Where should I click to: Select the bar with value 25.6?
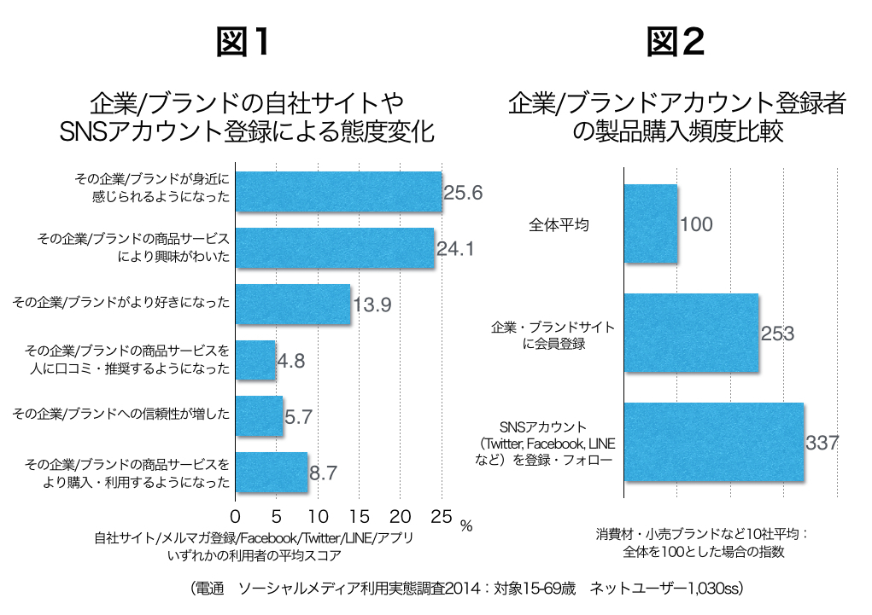(x=338, y=192)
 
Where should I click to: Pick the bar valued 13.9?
(x=293, y=305)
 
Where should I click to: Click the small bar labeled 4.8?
(x=255, y=360)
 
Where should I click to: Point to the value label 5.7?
(x=300, y=417)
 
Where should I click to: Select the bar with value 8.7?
(x=272, y=472)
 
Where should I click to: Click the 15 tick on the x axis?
(x=359, y=516)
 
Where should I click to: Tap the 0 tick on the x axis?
(x=236, y=516)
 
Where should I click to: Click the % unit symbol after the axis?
(x=465, y=526)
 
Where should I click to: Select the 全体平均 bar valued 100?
(x=651, y=224)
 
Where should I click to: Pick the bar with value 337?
(x=714, y=442)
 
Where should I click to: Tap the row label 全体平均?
(x=559, y=225)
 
